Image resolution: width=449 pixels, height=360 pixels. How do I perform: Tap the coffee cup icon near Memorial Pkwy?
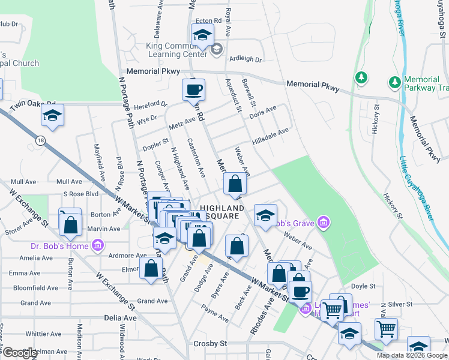tap(193, 91)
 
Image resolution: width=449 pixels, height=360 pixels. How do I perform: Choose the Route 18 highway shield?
tap(40, 140)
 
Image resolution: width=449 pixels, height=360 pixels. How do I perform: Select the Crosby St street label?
tap(209, 344)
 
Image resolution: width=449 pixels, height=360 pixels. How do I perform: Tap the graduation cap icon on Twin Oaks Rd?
tap(53, 116)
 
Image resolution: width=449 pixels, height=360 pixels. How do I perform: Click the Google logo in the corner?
tap(19, 353)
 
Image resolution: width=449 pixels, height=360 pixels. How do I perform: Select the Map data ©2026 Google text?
tap(411, 355)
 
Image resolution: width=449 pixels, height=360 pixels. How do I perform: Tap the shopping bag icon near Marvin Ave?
tap(70, 225)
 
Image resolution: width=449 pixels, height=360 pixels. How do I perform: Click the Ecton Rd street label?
tap(210, 20)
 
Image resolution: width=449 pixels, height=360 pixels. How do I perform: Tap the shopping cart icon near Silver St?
tap(386, 329)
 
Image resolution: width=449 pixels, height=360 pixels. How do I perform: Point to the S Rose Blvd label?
tap(80, 194)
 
